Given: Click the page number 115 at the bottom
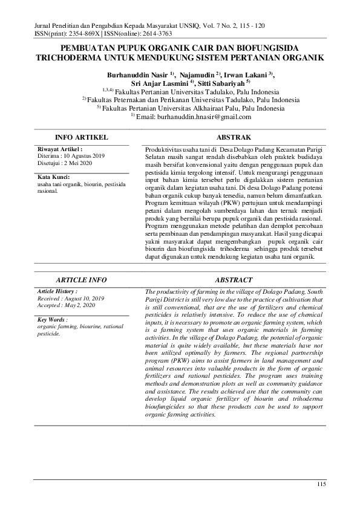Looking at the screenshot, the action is (x=321, y=485).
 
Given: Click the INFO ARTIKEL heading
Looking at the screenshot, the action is (x=81, y=138).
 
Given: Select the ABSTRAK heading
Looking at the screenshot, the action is (x=234, y=138).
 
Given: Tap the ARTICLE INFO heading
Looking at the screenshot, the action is (x=81, y=280).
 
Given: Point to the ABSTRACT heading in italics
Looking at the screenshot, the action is (x=234, y=280).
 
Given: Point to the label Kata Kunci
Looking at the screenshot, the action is (x=54, y=177).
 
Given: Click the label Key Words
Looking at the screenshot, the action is (x=52, y=319).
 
